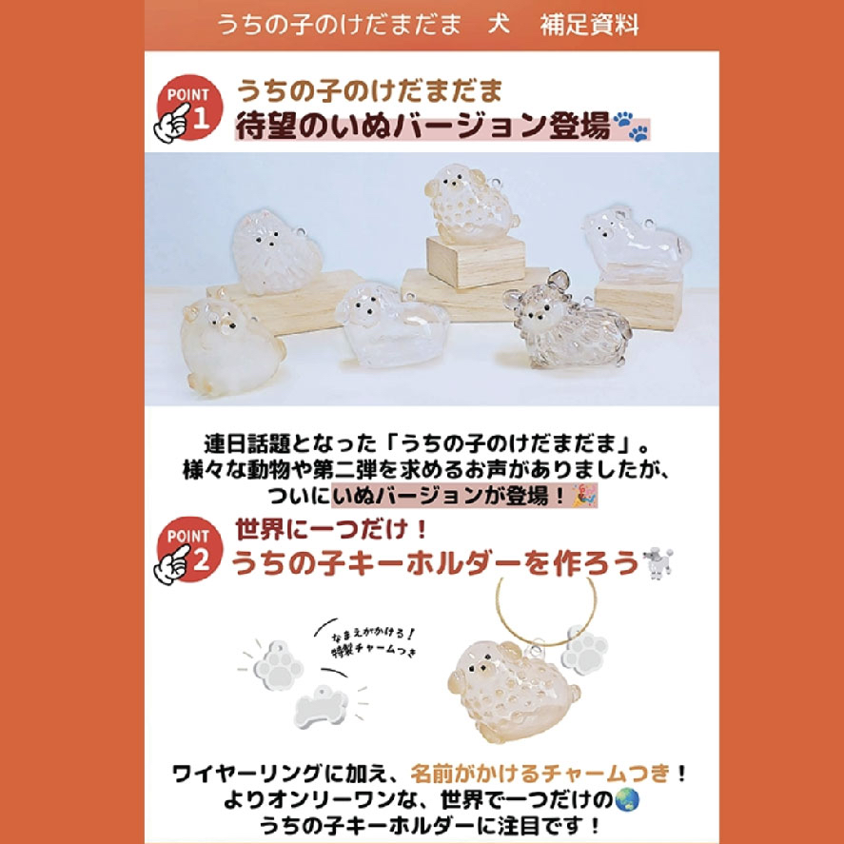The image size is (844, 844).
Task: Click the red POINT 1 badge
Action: click(189, 108)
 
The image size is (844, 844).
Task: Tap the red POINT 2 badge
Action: click(189, 550)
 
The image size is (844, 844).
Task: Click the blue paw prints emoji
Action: click(632, 126)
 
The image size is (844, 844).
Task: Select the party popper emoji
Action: click(584, 495)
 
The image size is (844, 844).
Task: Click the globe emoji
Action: click(627, 799)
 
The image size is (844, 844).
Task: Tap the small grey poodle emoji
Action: click(658, 563)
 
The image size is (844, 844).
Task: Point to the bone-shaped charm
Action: click(322, 706)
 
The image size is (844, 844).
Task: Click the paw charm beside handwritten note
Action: click(279, 666)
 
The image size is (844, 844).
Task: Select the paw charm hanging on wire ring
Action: click(584, 649)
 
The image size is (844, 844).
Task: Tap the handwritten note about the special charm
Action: click(374, 642)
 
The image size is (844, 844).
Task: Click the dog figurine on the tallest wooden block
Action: click(471, 204)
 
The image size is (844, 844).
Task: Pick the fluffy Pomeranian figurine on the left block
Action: click(276, 251)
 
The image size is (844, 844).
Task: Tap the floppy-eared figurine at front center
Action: click(391, 323)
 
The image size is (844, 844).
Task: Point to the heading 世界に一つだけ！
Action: click(332, 530)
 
